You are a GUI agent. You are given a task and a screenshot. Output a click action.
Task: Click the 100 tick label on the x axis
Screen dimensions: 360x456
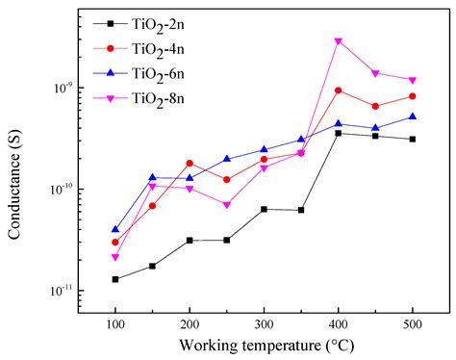114,322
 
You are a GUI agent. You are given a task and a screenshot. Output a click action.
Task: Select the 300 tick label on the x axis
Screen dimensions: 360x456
264,322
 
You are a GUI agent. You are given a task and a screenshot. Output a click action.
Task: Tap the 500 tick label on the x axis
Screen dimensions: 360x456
412,322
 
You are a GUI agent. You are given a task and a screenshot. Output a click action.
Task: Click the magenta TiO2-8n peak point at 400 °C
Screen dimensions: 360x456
338,41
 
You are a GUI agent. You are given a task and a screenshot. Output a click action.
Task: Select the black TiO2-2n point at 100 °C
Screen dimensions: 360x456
115,279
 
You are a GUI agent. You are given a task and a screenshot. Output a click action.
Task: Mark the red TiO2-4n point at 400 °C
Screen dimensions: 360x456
338,90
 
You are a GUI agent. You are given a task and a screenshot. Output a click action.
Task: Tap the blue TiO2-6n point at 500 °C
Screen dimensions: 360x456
412,116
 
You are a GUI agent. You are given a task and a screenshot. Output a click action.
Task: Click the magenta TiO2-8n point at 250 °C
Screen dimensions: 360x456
227,205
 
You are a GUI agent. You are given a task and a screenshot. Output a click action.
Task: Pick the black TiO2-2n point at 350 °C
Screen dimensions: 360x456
301,210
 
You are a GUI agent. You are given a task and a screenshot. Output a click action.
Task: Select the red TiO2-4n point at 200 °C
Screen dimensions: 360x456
190,164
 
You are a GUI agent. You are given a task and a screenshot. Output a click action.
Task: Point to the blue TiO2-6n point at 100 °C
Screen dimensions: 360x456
115,229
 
